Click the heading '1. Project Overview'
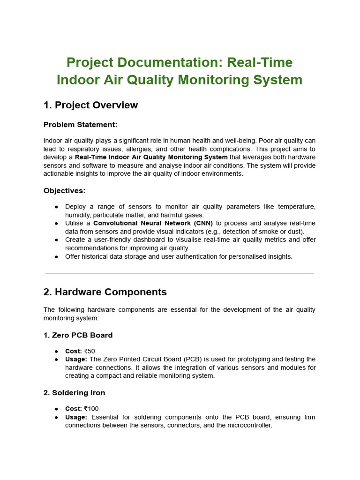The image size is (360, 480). pos(90,105)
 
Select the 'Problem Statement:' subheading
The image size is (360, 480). pos(80,125)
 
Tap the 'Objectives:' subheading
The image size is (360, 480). pos(65,191)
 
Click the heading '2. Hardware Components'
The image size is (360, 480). pos(105,292)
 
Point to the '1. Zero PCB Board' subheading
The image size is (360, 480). pos(78,335)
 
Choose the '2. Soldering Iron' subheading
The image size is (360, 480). pos(74,393)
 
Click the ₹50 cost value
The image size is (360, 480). pos(90,351)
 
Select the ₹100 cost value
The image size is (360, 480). pos(91,409)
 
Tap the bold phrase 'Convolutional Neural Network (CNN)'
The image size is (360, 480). pos(153,223)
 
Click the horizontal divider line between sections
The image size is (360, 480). pos(180,273)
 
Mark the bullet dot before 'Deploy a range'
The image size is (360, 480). pos(56,207)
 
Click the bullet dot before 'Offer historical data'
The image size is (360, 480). pos(56,256)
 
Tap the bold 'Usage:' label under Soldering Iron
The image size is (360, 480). pos(76,417)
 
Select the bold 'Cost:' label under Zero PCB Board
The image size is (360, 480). pos(74,351)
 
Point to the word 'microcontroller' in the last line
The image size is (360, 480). pos(249,426)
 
